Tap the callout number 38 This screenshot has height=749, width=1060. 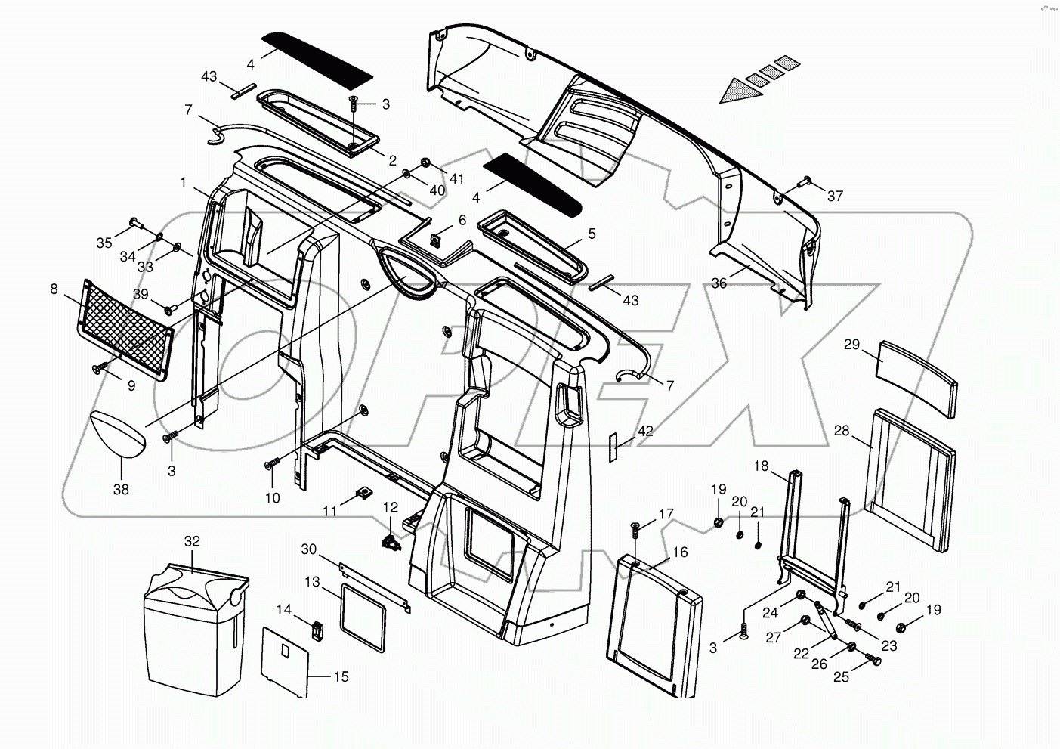[x=121, y=489]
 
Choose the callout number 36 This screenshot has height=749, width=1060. [x=719, y=283]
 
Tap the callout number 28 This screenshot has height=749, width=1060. [x=842, y=430]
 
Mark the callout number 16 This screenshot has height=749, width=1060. [x=680, y=552]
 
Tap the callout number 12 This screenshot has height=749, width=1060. [x=390, y=506]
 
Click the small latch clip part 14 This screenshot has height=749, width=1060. [x=318, y=627]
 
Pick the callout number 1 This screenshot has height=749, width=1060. [x=183, y=182]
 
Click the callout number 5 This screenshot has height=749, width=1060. [x=592, y=234]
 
